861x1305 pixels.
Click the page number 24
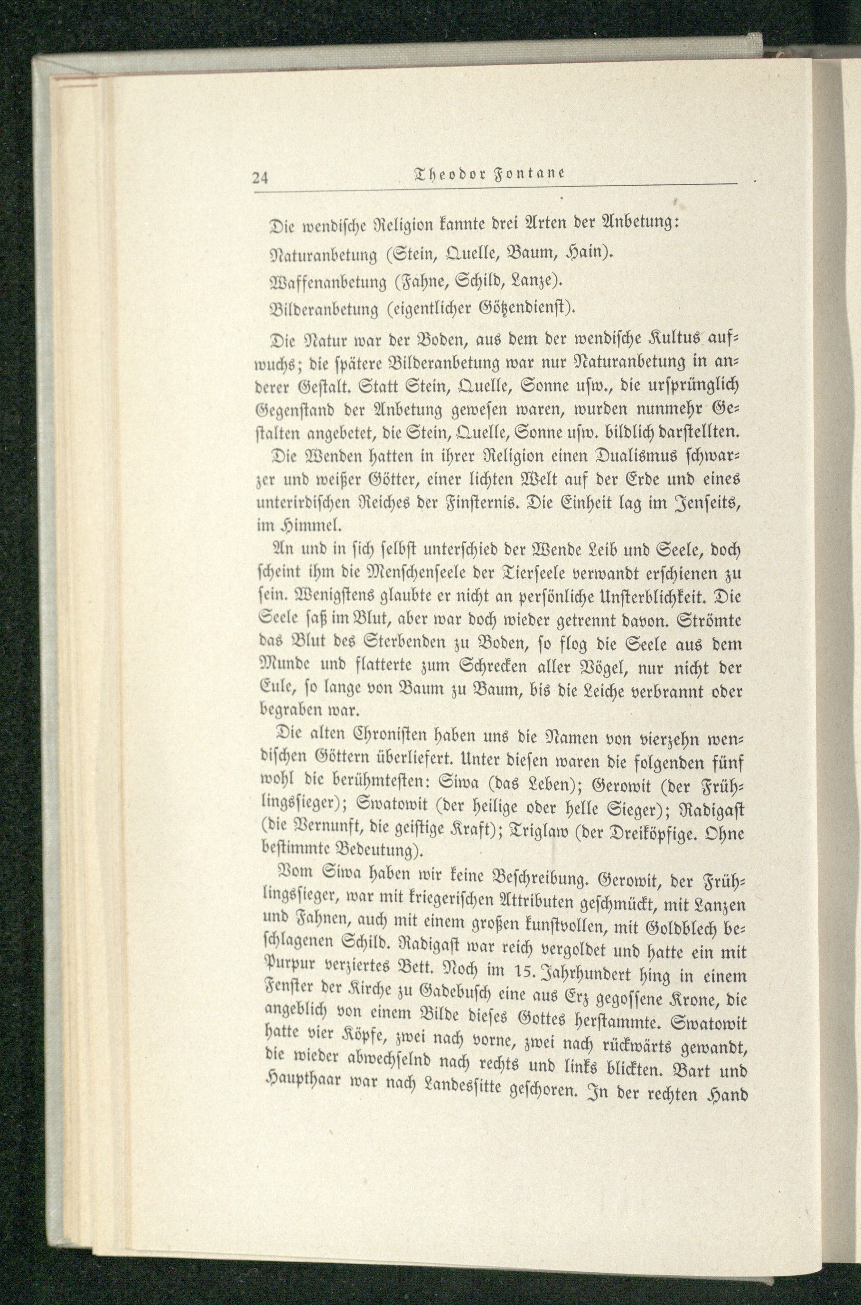coord(259,178)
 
